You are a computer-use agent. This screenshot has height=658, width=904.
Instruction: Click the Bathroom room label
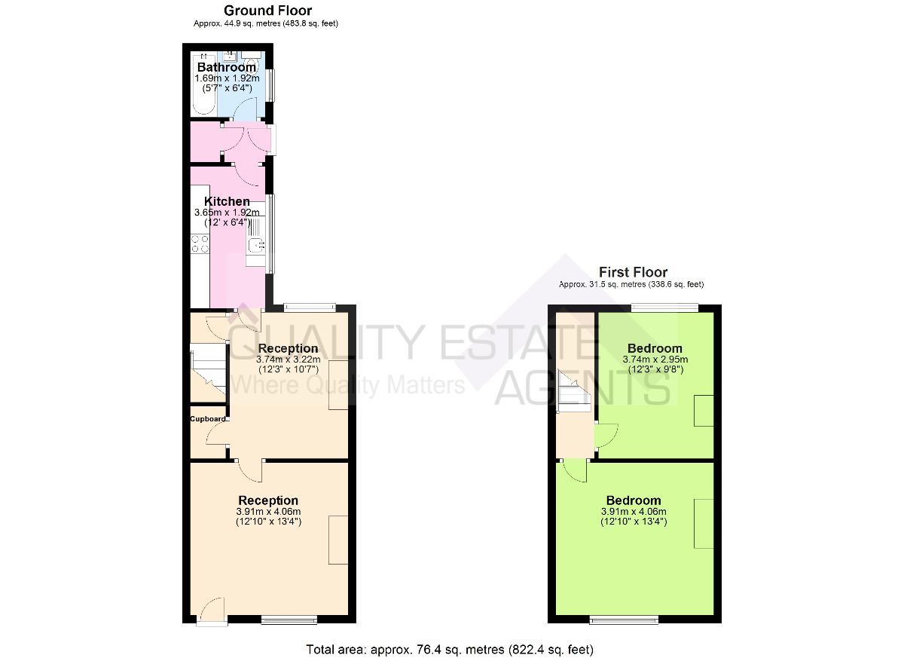click(226, 67)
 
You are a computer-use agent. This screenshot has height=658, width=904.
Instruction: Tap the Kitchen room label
click(227, 201)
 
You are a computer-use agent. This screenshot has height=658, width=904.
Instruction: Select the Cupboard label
click(207, 419)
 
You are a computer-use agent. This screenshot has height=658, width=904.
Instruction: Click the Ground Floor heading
click(267, 11)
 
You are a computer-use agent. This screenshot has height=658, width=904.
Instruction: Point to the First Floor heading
click(633, 272)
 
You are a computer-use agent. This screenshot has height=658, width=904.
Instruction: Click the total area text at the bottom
click(450, 648)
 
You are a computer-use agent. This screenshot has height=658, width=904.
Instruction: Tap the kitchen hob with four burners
click(200, 243)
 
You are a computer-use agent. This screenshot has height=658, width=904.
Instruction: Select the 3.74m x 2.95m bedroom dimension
click(655, 360)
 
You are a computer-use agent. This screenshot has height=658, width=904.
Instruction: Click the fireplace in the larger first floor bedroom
click(704, 523)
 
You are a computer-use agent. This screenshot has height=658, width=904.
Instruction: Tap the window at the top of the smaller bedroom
click(664, 307)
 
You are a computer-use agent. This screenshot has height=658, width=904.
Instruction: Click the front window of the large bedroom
click(625, 620)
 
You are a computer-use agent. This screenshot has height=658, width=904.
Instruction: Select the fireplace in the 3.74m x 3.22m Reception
click(338, 384)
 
